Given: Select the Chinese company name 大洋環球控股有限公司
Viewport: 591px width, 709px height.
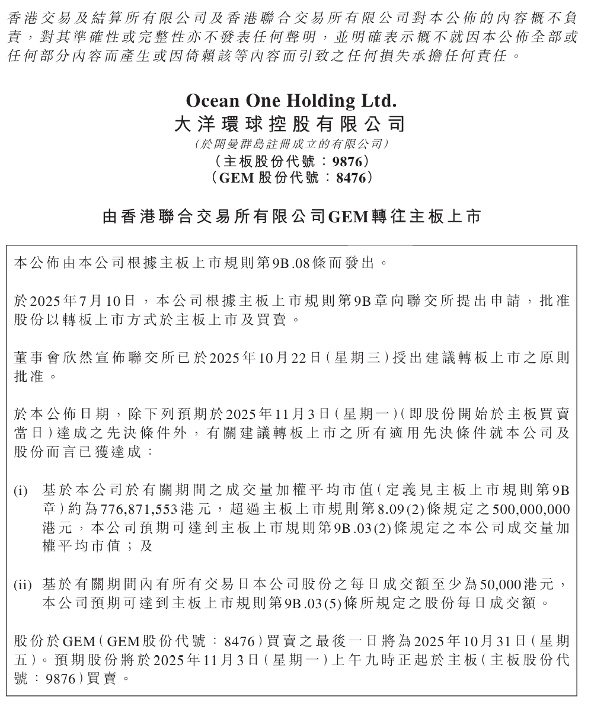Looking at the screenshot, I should [290, 124].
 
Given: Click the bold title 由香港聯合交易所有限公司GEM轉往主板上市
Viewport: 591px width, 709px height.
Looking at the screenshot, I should [291, 217].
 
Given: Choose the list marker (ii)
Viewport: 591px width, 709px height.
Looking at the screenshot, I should [23, 586].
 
